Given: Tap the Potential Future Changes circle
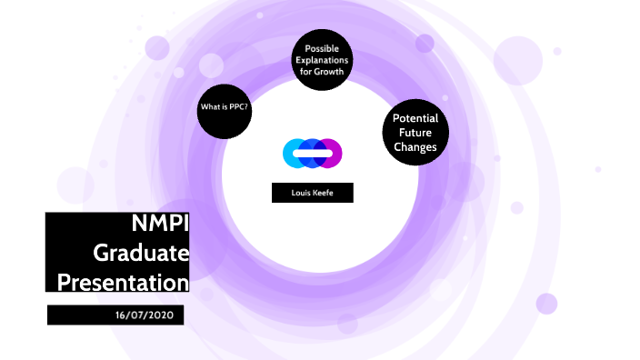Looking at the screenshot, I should [415, 133].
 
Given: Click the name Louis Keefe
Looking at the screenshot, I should [312, 193].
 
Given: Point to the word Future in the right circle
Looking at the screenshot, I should [415, 133].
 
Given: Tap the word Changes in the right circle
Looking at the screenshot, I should [415, 146].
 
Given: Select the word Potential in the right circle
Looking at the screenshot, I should [415, 119].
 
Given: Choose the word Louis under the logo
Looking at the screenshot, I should [301, 193].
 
